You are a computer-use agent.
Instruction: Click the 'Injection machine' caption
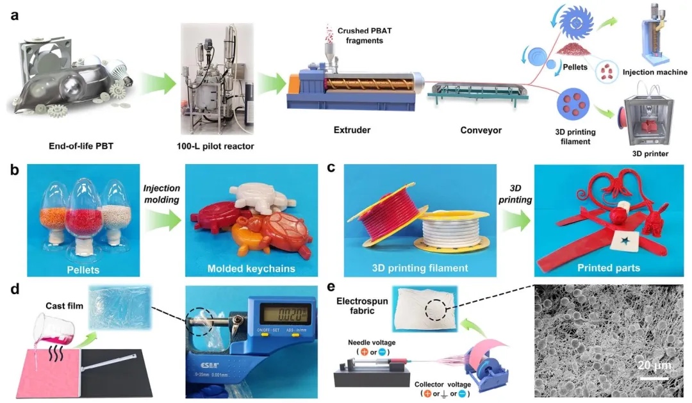[x=654, y=72]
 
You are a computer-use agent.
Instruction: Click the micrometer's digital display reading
[x=282, y=315]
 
